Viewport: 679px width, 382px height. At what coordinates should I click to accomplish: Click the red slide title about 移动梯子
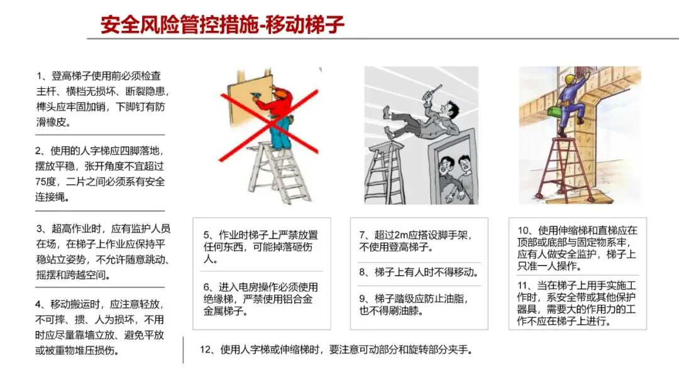click(x=222, y=25)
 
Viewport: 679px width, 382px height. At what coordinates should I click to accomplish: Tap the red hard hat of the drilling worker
click(x=281, y=91)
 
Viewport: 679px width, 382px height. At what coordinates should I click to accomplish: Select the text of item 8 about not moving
click(x=419, y=272)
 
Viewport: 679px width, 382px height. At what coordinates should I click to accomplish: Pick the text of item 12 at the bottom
click(x=336, y=349)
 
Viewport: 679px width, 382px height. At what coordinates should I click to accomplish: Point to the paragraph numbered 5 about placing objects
click(x=261, y=247)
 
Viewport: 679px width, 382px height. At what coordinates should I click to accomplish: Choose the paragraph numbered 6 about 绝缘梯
click(x=261, y=299)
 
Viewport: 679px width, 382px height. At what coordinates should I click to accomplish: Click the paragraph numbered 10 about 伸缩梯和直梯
click(x=577, y=248)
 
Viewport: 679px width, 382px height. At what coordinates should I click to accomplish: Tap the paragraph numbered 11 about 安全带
click(x=577, y=303)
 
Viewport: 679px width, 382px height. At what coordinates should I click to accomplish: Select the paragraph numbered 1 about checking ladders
click(x=102, y=99)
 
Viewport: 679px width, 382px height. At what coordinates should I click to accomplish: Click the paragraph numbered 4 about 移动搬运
click(x=99, y=327)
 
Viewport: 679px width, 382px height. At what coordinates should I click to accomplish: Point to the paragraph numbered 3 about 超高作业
click(x=103, y=252)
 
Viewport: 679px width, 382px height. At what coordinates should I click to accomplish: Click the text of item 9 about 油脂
click(x=414, y=305)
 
